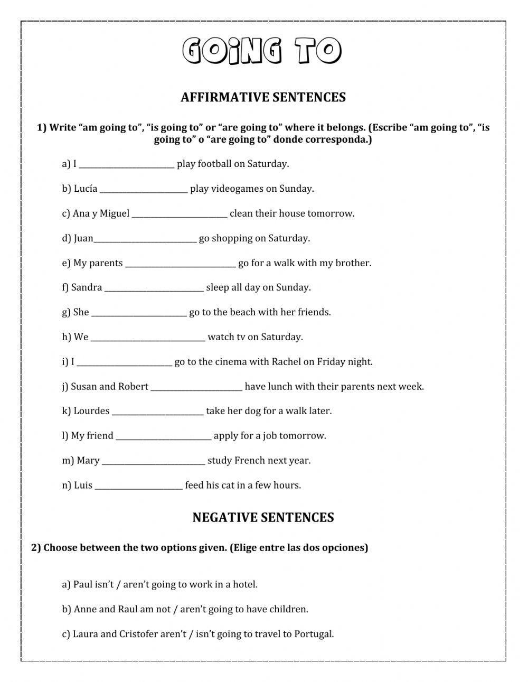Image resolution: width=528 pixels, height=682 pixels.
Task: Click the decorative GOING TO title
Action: [262, 51]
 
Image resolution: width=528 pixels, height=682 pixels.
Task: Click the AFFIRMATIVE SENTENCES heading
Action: [263, 97]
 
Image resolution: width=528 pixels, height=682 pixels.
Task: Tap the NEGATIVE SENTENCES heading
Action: [263, 517]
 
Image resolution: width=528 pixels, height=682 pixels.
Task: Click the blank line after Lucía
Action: [143, 190]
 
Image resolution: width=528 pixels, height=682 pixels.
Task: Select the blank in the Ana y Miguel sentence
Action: [180, 214]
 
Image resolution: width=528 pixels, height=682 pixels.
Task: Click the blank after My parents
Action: [180, 264]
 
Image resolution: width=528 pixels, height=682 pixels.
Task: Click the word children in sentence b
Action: [289, 610]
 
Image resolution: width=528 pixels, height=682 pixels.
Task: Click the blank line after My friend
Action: [163, 437]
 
